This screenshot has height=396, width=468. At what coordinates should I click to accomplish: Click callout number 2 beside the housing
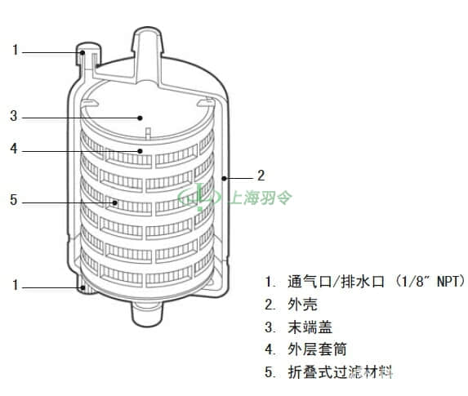(261, 176)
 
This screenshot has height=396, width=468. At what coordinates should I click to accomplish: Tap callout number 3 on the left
(14, 115)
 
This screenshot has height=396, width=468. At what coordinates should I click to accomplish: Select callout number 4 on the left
(14, 149)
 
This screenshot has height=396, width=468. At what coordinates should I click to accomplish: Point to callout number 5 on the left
(14, 200)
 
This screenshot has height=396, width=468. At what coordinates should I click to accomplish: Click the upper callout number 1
(16, 50)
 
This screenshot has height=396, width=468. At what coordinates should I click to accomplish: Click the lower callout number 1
(16, 285)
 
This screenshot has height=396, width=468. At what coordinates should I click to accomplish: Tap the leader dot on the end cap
(140, 118)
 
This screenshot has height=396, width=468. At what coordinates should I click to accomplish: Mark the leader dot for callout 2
(224, 179)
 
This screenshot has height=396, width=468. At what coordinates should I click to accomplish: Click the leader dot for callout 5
(115, 203)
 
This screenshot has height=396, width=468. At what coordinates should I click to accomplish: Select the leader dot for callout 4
(140, 151)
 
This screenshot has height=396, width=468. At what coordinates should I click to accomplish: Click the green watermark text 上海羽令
(260, 198)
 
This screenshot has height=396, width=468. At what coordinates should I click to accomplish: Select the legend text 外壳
(302, 305)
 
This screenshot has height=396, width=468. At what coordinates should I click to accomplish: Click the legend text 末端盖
(310, 327)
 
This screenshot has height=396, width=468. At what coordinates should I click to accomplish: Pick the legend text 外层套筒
(317, 349)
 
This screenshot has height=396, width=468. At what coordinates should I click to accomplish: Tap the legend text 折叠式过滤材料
(340, 372)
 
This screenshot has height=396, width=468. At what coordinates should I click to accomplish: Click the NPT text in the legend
(448, 282)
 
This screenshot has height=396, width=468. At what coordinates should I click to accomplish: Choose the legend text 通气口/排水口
(336, 282)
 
